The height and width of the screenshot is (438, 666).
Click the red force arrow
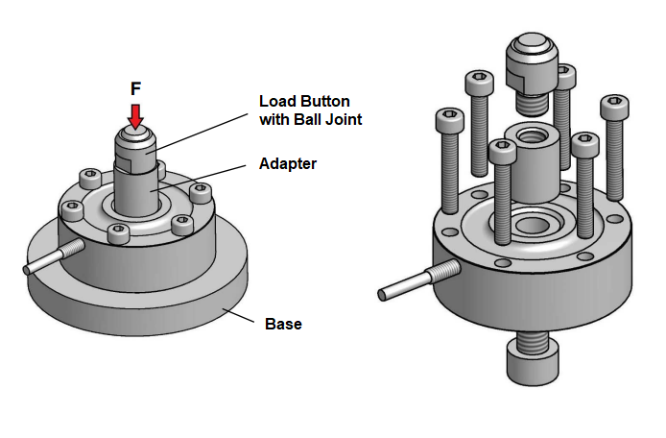136,115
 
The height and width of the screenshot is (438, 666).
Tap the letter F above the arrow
136,88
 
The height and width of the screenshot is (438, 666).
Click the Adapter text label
287,164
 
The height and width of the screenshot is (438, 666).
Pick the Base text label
283,325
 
